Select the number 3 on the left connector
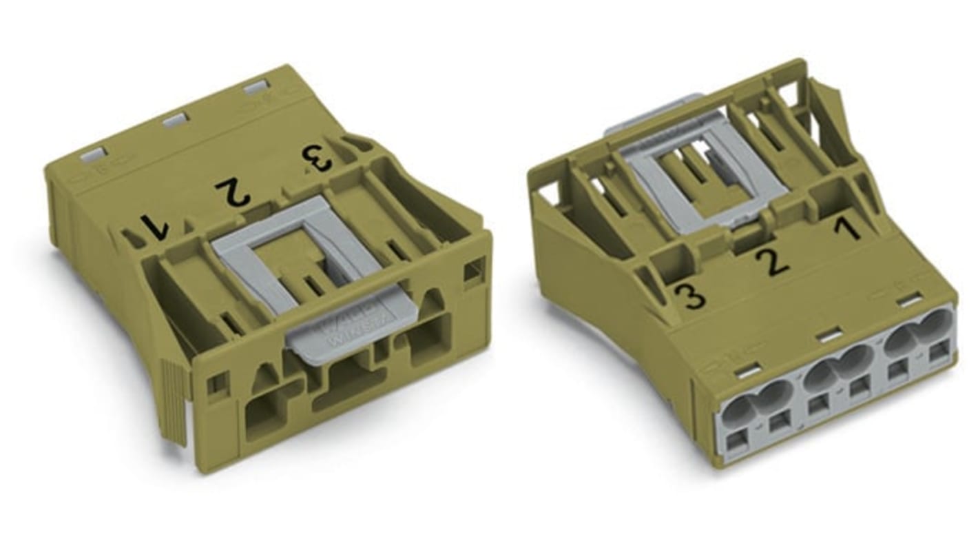[318, 158]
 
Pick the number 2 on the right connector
[772, 263]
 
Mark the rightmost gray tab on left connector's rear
[256, 87]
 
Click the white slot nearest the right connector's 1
[911, 299]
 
